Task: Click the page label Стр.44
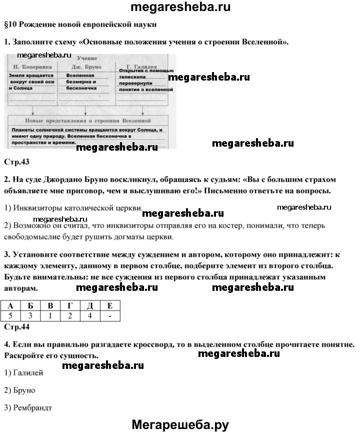click(x=16, y=327)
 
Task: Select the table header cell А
click(x=11, y=306)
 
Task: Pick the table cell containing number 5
click(x=11, y=316)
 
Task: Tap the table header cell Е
click(x=109, y=306)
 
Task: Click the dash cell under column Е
click(x=109, y=316)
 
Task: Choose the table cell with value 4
click(x=89, y=316)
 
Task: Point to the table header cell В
click(x=50, y=306)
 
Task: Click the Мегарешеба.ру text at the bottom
click(x=180, y=424)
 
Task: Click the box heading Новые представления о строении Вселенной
click(x=87, y=121)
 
